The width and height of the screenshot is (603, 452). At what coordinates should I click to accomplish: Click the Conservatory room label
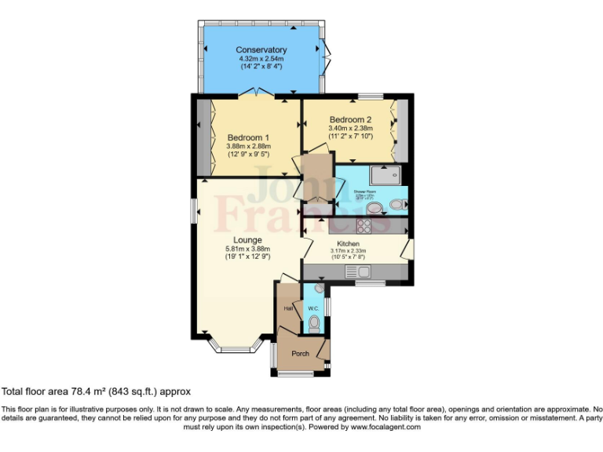[261, 50]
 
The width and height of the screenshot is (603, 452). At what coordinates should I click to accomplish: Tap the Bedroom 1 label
[248, 137]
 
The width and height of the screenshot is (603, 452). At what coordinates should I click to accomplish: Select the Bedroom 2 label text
[345, 119]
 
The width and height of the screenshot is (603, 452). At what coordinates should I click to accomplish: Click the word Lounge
[247, 240]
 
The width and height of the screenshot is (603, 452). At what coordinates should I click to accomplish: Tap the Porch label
[300, 353]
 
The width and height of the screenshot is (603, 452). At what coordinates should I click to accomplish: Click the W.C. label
[312, 308]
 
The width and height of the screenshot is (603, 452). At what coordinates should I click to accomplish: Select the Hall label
[287, 308]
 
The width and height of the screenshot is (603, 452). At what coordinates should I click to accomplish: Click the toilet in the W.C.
[314, 323]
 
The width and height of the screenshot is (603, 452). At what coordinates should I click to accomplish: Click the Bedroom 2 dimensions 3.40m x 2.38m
[345, 128]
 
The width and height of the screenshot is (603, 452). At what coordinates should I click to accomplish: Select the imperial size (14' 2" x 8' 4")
[261, 67]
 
